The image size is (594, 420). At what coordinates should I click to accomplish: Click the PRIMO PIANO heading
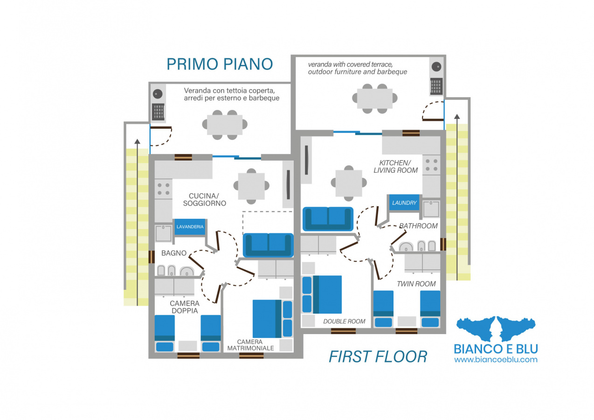220,64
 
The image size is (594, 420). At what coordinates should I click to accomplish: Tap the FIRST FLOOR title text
378,357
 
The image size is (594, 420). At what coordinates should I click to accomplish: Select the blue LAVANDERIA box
190,227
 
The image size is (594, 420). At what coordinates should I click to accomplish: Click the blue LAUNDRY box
404,203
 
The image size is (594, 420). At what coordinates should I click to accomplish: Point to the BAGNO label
174,253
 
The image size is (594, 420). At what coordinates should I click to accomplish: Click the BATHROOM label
418,226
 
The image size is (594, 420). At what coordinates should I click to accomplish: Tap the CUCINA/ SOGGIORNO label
205,200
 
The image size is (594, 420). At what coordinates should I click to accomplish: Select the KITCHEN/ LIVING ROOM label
396,167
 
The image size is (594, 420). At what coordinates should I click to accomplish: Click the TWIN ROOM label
416,284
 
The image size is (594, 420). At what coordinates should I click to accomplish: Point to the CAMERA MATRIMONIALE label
250,345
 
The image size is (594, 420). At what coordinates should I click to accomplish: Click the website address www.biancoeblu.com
496,360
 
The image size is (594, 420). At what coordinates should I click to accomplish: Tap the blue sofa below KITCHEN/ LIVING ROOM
328,219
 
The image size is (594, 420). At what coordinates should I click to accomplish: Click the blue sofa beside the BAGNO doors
269,245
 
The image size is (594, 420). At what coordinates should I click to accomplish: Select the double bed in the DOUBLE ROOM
322,294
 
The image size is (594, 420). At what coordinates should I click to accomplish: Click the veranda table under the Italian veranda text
225,125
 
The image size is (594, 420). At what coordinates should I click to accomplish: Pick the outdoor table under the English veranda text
375,99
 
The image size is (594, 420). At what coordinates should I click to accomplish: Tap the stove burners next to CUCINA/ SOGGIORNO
163,189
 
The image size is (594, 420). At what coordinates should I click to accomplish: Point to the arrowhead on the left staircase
137,141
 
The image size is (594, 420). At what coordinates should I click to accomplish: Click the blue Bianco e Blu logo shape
496,329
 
